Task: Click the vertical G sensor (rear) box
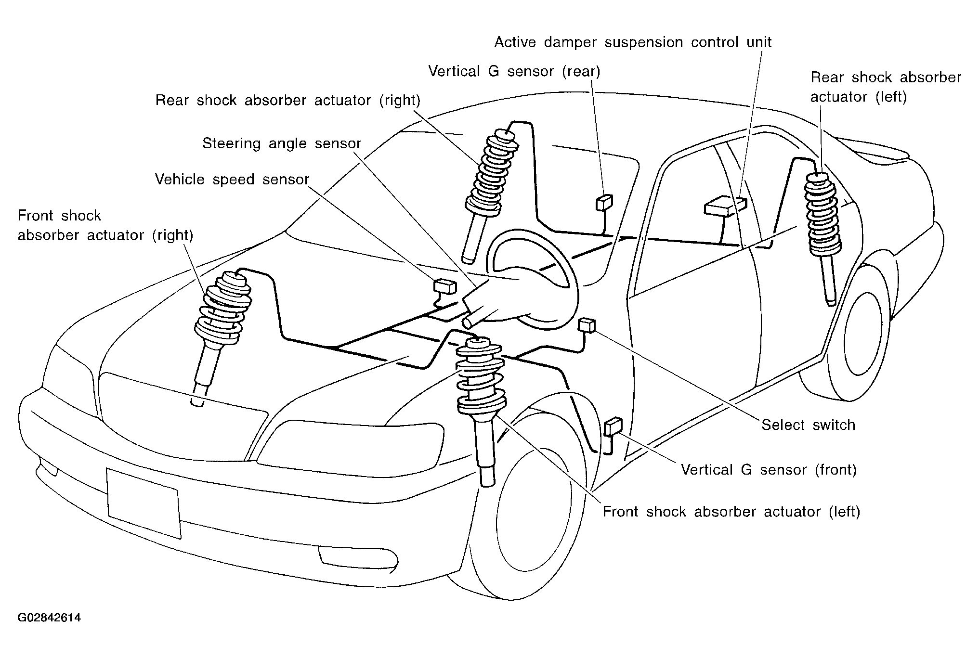(604, 203)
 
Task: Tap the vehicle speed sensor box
(445, 286)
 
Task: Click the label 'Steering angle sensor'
(281, 143)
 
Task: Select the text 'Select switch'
(808, 425)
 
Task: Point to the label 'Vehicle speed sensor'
(232, 180)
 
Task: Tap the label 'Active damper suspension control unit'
(633, 43)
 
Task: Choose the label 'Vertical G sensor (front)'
(769, 469)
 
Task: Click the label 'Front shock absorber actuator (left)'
(731, 511)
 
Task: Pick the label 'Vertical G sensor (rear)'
(514, 72)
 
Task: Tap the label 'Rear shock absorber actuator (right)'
(288, 101)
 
